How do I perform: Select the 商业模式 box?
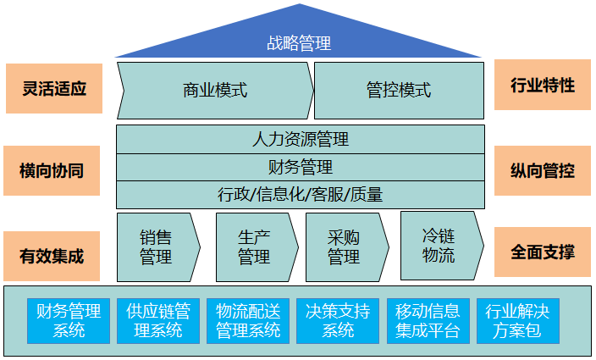tap(215, 90)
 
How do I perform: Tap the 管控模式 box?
tap(399, 90)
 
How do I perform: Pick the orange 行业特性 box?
tap(543, 85)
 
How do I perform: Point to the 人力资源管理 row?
tap(300, 139)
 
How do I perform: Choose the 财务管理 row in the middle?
tap(300, 167)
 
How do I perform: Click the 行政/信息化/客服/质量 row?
tap(300, 194)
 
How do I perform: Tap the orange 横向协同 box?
tap(52, 170)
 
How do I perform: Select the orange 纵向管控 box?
tap(543, 170)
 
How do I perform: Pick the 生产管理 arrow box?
tap(254, 246)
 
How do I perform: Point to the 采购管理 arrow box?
tap(345, 246)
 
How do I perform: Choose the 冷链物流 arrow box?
tap(439, 245)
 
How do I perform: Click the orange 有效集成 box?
tap(52, 255)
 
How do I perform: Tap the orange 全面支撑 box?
tap(543, 252)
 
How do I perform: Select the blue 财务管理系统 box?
tap(69, 320)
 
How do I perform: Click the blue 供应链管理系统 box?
tap(158, 320)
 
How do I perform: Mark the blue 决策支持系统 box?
tap(338, 320)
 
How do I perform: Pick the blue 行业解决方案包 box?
tap(517, 320)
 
